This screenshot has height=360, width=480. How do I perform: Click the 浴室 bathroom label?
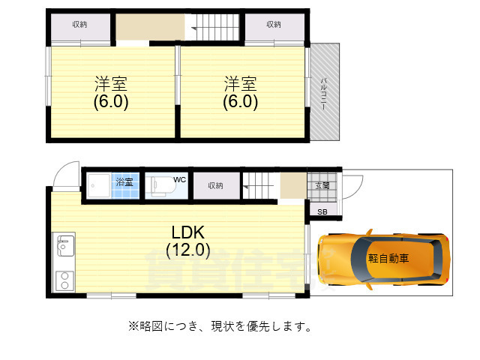pos(124,181)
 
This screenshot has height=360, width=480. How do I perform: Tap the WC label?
pos(179,180)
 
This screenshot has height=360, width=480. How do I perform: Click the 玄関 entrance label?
pos(322,185)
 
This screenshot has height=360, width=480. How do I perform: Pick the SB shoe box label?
pos(322,212)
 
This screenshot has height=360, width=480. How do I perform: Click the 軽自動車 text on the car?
pos(388,258)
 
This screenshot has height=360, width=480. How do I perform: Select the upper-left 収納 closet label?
pos(80,25)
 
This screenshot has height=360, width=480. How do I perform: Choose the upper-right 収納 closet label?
pos(274,25)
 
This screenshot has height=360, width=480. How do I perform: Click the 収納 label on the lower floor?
pos(215,185)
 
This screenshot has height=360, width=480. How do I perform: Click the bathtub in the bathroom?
pos(98,185)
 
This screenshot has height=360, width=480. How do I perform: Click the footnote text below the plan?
pos(220,327)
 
